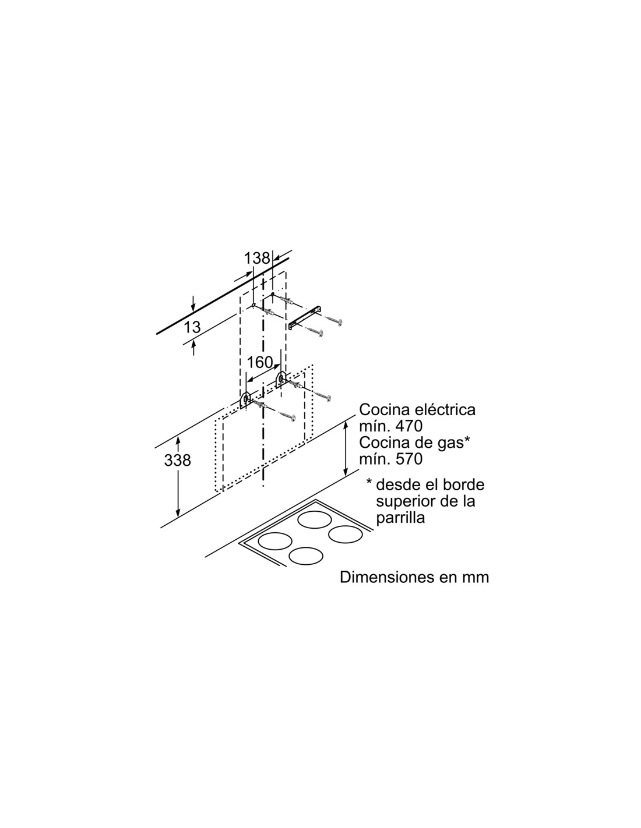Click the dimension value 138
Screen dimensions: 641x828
(257, 259)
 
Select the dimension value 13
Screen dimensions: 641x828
(192, 327)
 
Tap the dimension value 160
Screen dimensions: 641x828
(260, 362)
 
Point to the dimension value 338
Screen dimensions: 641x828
(177, 461)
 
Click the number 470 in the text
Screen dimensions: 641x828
(410, 426)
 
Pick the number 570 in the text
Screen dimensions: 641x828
(410, 459)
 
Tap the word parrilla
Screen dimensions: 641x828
(400, 518)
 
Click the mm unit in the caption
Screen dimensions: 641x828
(476, 578)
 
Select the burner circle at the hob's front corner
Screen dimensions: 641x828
(306, 556)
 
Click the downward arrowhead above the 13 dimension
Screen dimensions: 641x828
(193, 308)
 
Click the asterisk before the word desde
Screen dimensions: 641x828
(369, 482)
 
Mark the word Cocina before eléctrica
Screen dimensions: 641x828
(379, 409)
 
